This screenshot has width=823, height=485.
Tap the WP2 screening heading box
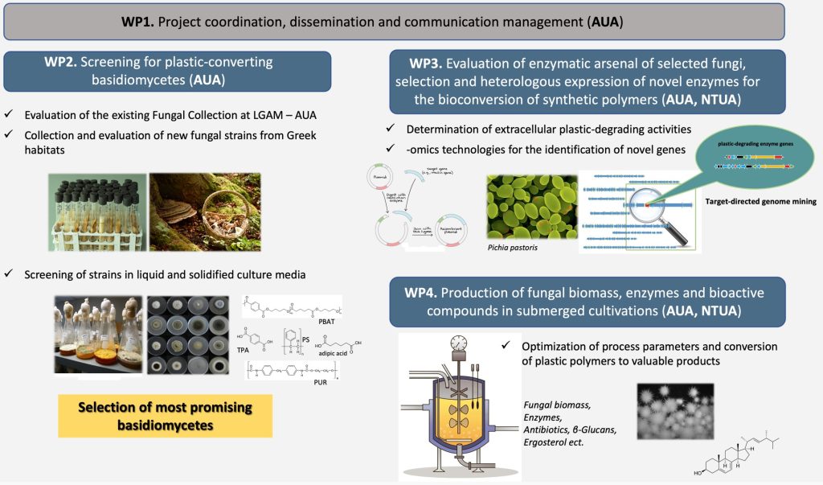coord(166,71)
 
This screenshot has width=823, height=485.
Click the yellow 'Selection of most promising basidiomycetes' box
coord(166,416)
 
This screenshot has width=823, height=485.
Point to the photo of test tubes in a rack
coord(96,207)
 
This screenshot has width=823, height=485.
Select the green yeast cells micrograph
coord(531,206)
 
